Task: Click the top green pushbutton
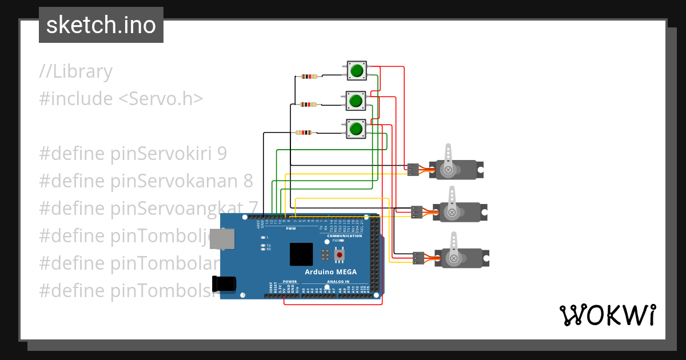357,71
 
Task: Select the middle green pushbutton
356,101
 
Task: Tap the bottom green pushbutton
356,129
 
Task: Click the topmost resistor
309,77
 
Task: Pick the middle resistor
308,105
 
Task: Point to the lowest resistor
304,133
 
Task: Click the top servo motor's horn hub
449,170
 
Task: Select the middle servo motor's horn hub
452,213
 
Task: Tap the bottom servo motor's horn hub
454,259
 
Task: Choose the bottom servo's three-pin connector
418,258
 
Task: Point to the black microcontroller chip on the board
301,254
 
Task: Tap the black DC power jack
223,284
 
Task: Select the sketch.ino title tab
101,25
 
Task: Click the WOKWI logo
607,315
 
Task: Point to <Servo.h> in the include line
161,99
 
